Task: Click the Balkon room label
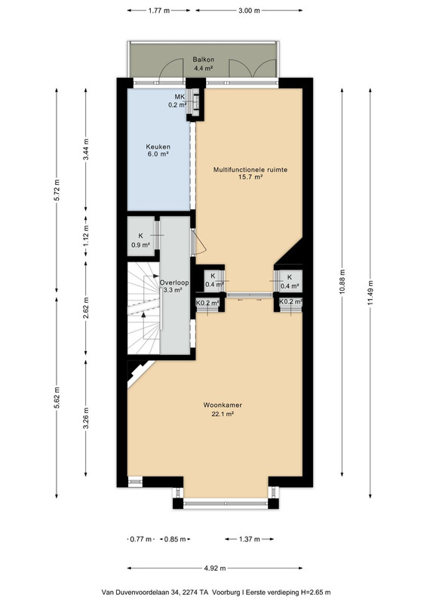pyautogui.click(x=203, y=60)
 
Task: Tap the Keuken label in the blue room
pyautogui.click(x=158, y=146)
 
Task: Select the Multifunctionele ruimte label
pyautogui.click(x=250, y=169)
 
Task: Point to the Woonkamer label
pyautogui.click(x=223, y=405)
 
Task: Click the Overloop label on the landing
pyautogui.click(x=174, y=282)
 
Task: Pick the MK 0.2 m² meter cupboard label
pyautogui.click(x=178, y=100)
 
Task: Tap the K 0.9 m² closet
pyautogui.click(x=141, y=240)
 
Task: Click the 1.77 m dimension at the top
pyautogui.click(x=158, y=11)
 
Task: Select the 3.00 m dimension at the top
pyautogui.click(x=249, y=11)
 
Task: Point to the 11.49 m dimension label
pyautogui.click(x=370, y=292)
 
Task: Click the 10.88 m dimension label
pyautogui.click(x=343, y=282)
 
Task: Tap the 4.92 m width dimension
pyautogui.click(x=215, y=568)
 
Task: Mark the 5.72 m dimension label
pyautogui.click(x=57, y=190)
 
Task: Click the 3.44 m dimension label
pyautogui.click(x=85, y=149)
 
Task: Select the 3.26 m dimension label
pyautogui.click(x=85, y=418)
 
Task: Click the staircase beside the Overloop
pyautogui.click(x=143, y=308)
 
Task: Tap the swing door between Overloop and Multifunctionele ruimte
pyautogui.click(x=198, y=242)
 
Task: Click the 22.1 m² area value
pyautogui.click(x=223, y=414)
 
